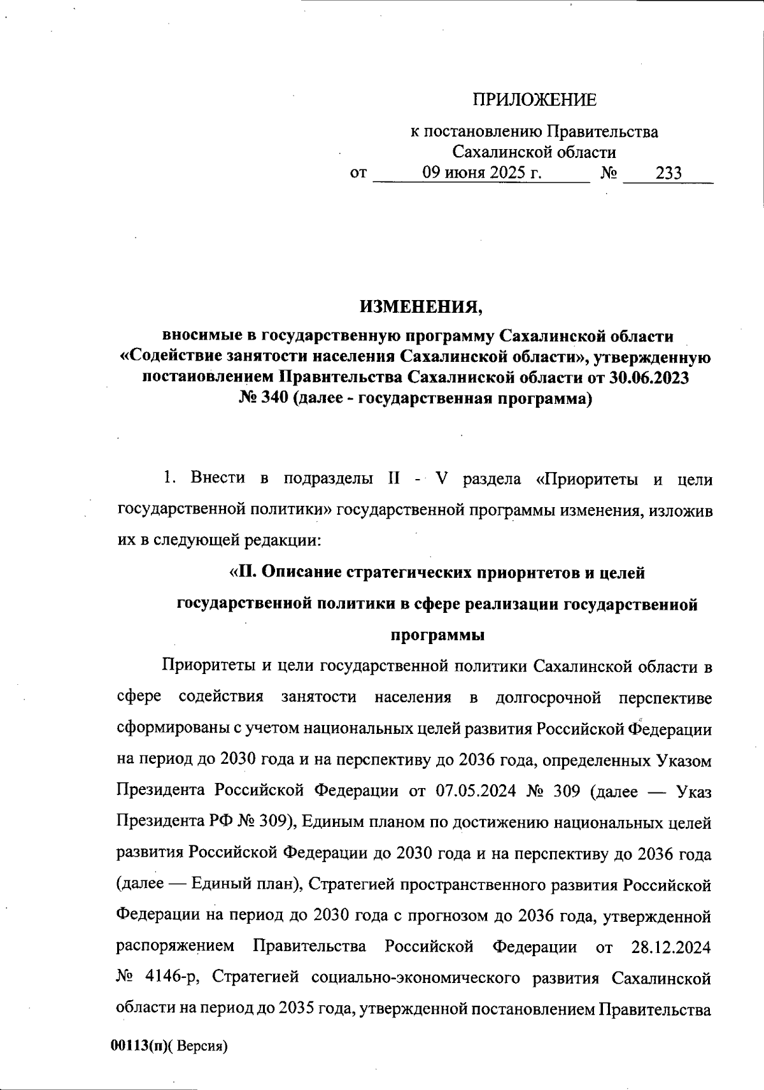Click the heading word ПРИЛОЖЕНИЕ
click(534, 99)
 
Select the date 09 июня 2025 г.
click(482, 173)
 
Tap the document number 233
click(668, 173)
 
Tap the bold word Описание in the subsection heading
click(300, 572)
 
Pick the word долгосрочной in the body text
click(548, 697)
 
